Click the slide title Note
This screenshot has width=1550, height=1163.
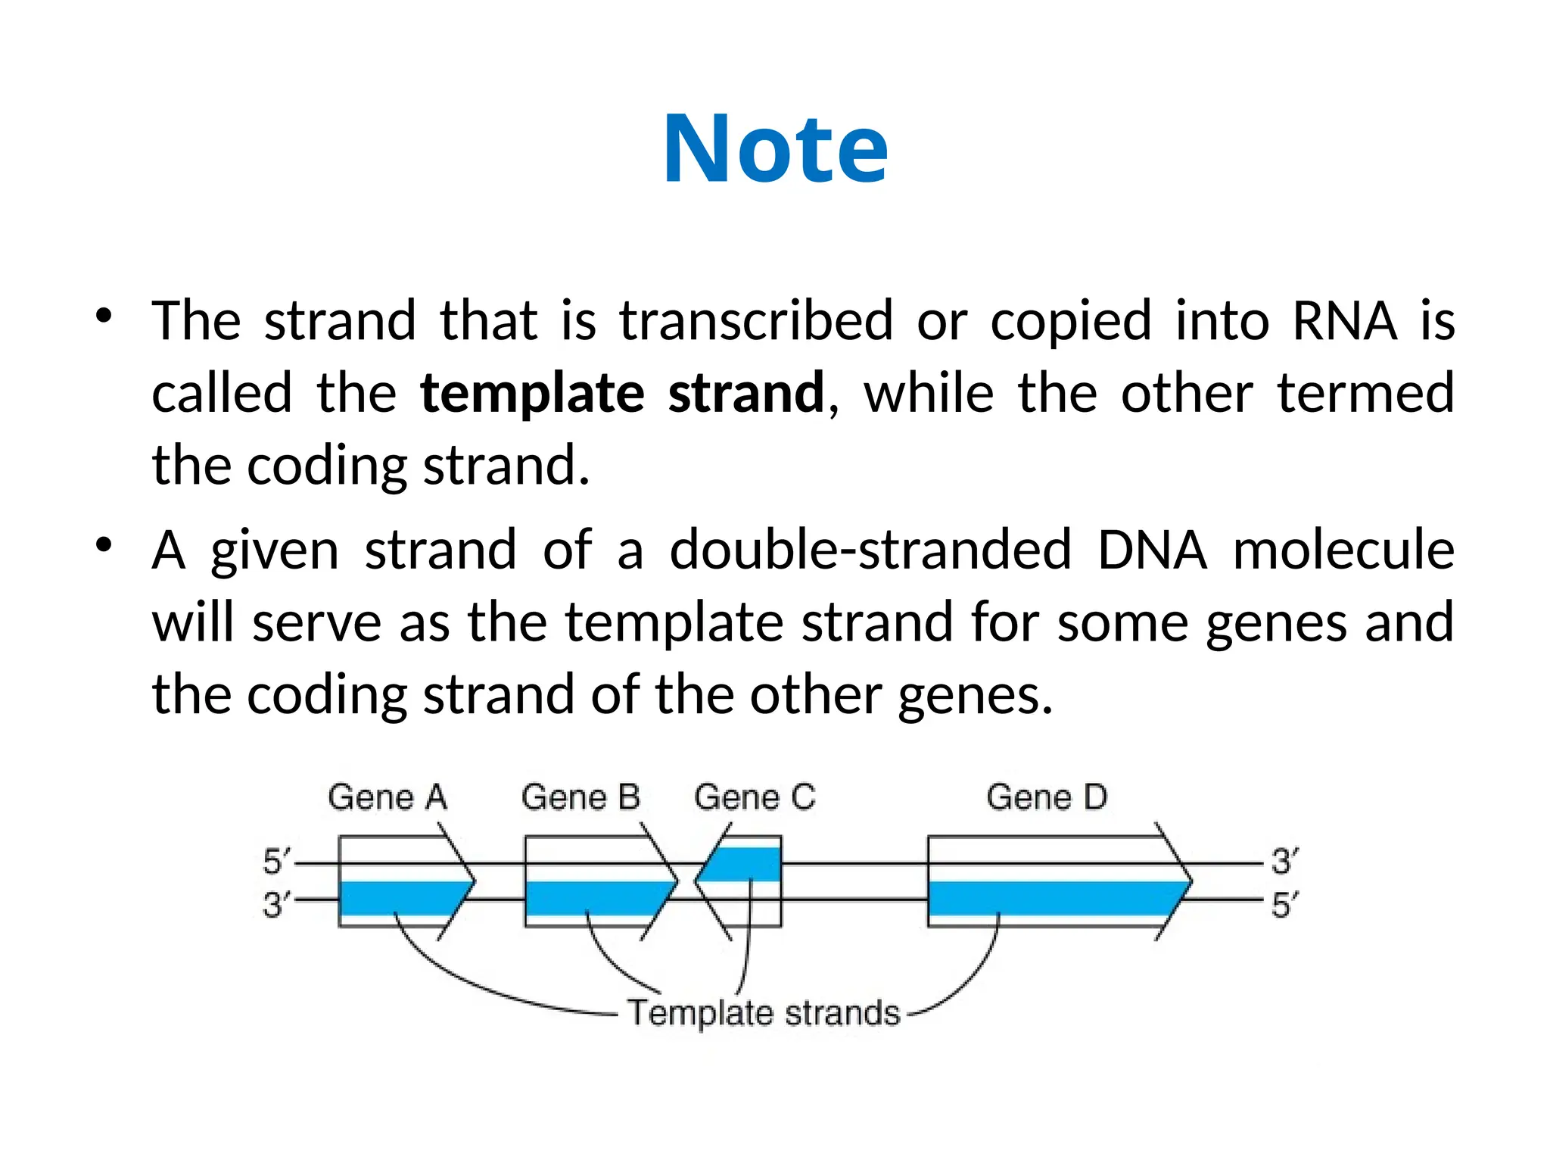[775, 149]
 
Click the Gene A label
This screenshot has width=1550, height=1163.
[387, 797]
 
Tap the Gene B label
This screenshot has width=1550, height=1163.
[580, 797]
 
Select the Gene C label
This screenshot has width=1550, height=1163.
[755, 797]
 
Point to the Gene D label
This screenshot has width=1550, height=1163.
[1047, 797]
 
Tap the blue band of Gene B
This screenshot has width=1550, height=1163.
[590, 899]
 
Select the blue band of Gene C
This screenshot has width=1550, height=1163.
[745, 864]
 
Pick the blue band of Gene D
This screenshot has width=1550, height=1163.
[1052, 899]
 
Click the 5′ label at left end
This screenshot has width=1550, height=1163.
[275, 862]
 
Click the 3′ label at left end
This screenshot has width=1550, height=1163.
[275, 904]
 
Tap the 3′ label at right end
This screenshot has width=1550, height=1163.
[1284, 862]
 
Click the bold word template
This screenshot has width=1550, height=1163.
[532, 394]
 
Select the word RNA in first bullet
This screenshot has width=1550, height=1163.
[1344, 321]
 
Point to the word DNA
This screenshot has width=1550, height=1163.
[1152, 550]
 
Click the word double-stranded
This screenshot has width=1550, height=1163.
[870, 550]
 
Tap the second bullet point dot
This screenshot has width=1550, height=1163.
[104, 544]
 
